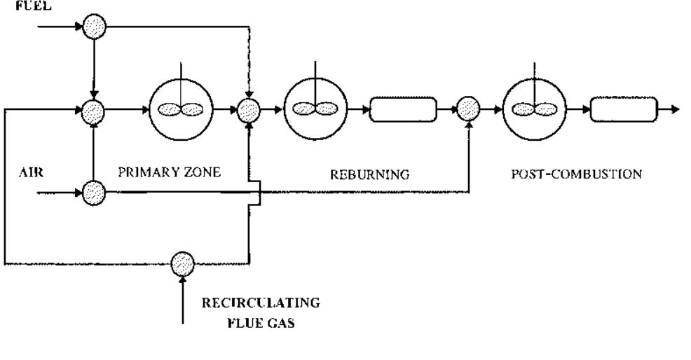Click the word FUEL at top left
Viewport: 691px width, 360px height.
coord(15,4)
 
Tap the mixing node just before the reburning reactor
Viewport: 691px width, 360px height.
coord(249,110)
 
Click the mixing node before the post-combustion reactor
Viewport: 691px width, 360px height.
coord(467,110)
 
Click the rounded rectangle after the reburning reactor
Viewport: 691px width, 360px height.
coord(403,110)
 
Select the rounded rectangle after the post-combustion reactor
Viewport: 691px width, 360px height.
coord(624,110)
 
